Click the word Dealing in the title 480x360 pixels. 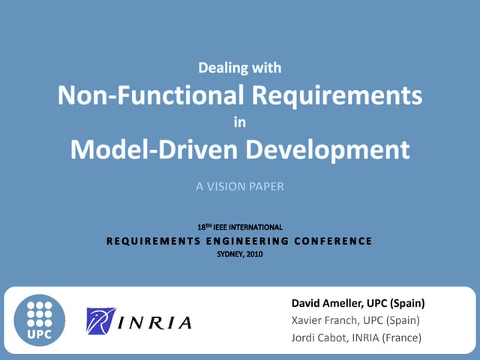[221, 68]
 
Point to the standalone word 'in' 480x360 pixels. [240, 122]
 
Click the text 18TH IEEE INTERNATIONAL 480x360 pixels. [240, 226]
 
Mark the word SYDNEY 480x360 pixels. [229, 254]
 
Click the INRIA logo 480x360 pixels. [139, 322]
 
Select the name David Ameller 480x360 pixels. [325, 304]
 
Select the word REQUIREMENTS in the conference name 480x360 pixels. [152, 241]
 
